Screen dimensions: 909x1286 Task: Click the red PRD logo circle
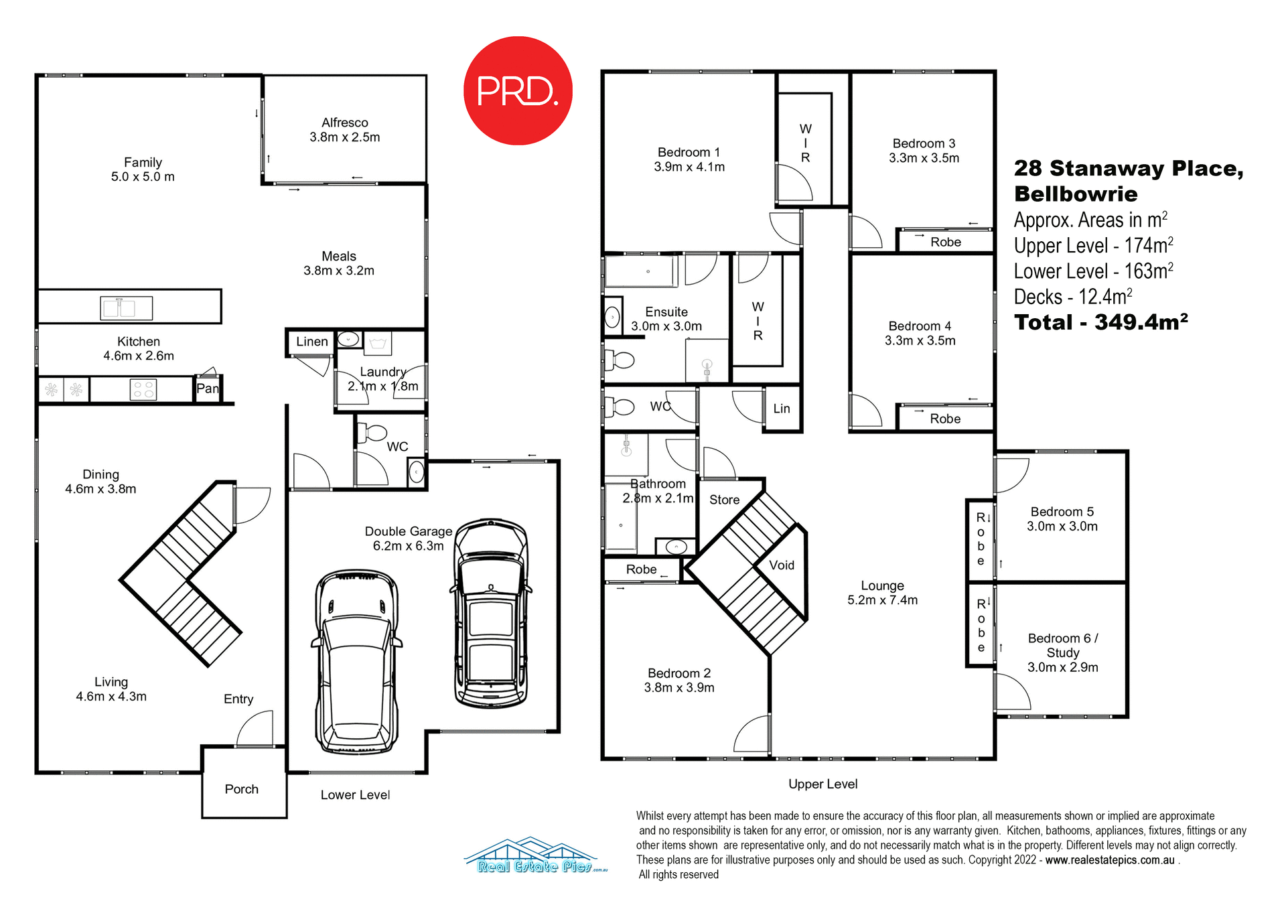click(x=518, y=90)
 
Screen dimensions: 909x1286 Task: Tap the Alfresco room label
click(x=344, y=123)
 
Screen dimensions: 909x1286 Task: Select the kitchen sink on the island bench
click(x=127, y=308)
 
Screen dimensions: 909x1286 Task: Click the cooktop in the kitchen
click(x=143, y=389)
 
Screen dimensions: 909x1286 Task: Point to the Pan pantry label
click(x=207, y=389)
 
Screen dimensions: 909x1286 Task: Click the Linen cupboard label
click(x=312, y=342)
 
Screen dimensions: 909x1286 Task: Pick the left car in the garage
click(x=357, y=662)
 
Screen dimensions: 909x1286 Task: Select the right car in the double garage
click(x=491, y=613)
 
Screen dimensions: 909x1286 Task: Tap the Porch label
click(x=242, y=789)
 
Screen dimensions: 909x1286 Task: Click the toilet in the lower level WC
click(x=372, y=433)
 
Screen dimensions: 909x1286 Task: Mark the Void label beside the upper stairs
click(x=782, y=565)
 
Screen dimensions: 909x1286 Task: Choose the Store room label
click(x=724, y=500)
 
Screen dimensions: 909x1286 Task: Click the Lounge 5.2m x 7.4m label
click(x=882, y=593)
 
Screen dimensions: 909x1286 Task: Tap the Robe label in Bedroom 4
click(x=945, y=419)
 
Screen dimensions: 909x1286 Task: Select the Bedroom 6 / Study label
click(x=1063, y=645)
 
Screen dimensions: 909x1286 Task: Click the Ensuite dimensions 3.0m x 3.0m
click(x=666, y=326)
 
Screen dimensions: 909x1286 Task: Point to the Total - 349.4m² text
click(x=1100, y=322)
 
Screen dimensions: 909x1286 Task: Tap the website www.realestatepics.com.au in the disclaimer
click(x=1109, y=860)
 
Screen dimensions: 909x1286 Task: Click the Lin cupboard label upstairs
click(x=782, y=409)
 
